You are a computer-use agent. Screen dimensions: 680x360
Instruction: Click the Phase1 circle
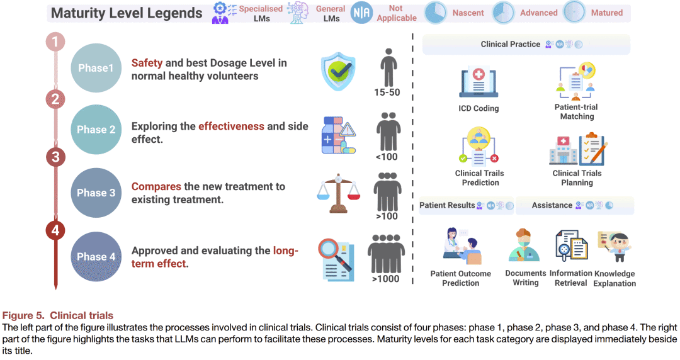point(96,68)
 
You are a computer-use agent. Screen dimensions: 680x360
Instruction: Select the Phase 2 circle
point(96,130)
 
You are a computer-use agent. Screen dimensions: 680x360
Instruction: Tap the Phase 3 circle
point(96,193)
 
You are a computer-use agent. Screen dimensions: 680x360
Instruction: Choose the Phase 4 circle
point(96,257)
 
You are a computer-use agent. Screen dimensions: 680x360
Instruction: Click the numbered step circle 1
point(55,42)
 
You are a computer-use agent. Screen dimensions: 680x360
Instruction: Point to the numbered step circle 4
point(55,230)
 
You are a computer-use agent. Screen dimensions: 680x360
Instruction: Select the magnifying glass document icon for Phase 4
point(337,259)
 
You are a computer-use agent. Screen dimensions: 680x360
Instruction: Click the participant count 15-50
point(387,93)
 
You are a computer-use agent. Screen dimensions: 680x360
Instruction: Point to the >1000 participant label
point(385,279)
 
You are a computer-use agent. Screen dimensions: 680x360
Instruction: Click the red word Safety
point(147,63)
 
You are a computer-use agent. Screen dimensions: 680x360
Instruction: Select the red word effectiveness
point(231,127)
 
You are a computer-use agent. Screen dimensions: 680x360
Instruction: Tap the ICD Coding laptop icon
point(479,82)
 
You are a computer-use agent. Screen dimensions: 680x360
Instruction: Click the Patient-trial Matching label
point(577,112)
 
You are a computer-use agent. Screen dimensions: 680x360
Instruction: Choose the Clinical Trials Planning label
point(577,178)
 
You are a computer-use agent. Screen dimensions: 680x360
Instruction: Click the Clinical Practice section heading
point(510,44)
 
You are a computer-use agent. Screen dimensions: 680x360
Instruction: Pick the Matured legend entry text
point(607,13)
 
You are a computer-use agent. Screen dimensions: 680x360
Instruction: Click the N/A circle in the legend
point(361,13)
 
